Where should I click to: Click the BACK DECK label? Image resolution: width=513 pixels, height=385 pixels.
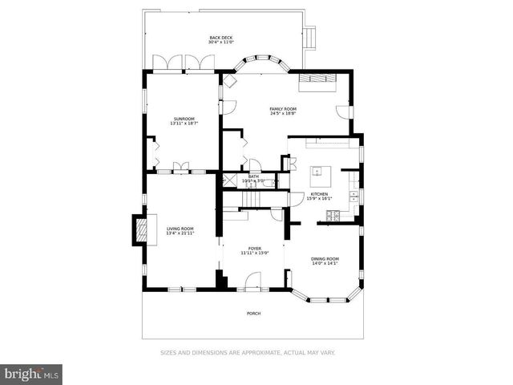(220, 40)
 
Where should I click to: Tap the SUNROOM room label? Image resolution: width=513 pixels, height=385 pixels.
(183, 121)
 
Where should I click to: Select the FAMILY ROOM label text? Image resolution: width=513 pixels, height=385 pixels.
(283, 111)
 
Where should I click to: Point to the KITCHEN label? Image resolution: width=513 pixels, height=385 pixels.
(319, 196)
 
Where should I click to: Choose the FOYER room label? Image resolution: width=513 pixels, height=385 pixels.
(254, 250)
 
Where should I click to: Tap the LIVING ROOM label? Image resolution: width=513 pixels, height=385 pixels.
(180, 231)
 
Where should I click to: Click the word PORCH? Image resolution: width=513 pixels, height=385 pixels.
(253, 314)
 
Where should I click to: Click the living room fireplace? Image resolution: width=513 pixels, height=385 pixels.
(139, 230)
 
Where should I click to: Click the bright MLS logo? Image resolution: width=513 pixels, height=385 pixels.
(32, 374)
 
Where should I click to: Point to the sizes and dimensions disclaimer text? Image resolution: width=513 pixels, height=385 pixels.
(248, 352)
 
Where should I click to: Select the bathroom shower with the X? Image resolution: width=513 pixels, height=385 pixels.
(228, 181)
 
